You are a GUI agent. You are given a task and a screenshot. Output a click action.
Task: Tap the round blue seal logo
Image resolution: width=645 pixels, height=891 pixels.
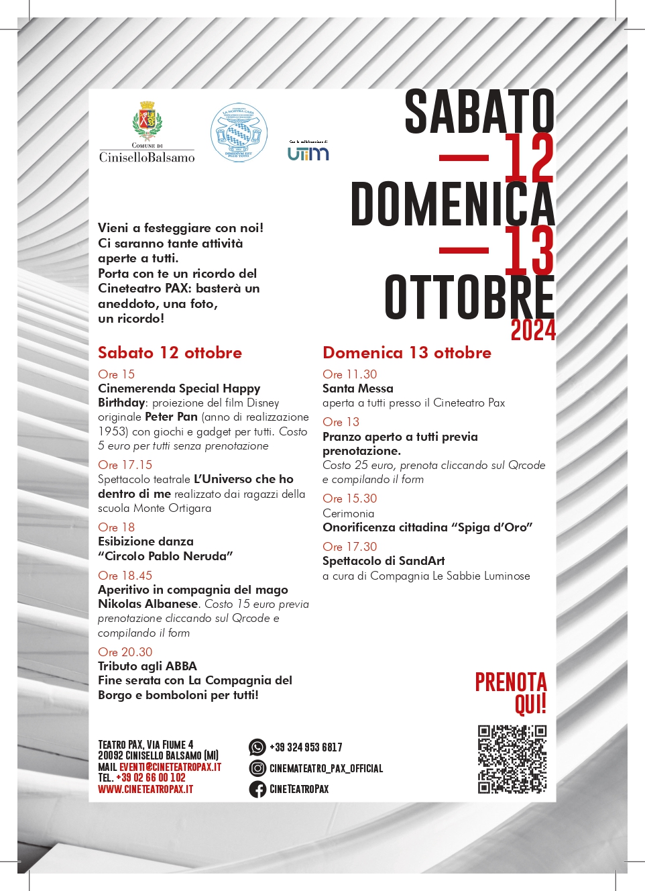239,133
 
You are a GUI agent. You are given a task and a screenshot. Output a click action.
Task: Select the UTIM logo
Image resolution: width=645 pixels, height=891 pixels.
308,153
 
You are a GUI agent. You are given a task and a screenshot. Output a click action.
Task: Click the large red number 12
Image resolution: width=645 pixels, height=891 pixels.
529,158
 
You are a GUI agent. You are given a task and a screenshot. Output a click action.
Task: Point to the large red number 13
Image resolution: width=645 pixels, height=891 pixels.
529,250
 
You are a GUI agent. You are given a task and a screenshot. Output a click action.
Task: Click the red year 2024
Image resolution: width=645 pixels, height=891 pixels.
533,331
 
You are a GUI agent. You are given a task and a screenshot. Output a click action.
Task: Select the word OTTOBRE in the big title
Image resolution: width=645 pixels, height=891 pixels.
469,297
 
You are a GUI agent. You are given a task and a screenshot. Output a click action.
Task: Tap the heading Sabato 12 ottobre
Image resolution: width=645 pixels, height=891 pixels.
170,353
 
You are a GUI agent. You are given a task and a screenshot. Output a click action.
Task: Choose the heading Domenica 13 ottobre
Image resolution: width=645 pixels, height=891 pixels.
407,353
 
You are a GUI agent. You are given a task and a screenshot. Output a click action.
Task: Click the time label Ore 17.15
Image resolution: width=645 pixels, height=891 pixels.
125,465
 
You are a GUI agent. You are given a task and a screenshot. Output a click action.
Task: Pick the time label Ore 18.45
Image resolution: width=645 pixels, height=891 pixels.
125,576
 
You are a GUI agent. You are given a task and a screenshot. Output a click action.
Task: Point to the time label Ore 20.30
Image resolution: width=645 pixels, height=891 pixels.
125,652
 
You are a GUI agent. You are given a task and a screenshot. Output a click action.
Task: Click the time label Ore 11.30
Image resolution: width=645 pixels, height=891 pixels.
349,374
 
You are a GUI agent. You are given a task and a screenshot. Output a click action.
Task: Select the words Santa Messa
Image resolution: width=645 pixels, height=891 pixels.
358,388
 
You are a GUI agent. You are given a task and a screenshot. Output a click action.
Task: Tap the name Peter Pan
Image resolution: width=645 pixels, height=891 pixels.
171,417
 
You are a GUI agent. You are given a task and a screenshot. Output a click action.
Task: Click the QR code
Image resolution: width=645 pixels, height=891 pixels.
512,759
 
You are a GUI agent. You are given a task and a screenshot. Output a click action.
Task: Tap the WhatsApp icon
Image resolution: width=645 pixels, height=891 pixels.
257,747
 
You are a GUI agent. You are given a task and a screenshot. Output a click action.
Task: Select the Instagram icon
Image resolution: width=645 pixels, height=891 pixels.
257,768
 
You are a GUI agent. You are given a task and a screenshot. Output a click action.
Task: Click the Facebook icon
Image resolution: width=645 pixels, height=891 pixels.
257,789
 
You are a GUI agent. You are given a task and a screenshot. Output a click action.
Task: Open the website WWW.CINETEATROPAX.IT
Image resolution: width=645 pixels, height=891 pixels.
145,789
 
